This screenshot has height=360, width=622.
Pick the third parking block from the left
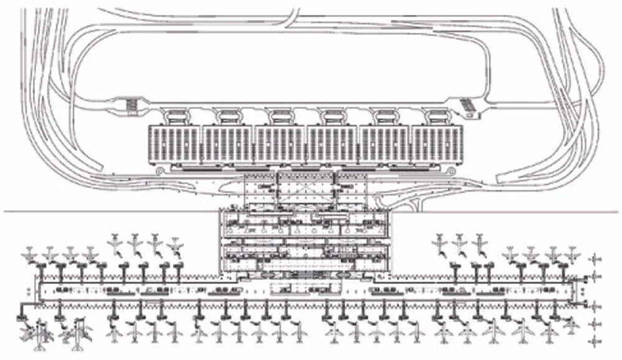click(280, 144)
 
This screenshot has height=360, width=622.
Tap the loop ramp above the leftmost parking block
click(174, 115)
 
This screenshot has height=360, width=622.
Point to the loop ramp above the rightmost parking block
click(437, 115)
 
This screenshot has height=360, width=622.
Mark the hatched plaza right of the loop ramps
click(466, 106)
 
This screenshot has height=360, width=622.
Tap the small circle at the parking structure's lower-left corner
click(160, 169)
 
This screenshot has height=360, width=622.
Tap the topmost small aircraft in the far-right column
click(595, 259)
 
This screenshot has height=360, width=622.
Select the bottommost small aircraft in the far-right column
click(595, 341)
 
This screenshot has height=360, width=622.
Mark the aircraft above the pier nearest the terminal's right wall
click(440, 241)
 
